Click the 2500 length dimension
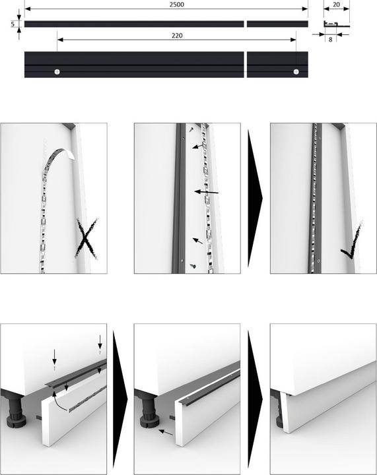176,5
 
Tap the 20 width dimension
337,5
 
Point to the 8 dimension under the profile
331,39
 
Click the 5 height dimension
13,24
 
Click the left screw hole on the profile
57,71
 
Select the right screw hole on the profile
296,71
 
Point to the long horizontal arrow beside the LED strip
206,192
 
